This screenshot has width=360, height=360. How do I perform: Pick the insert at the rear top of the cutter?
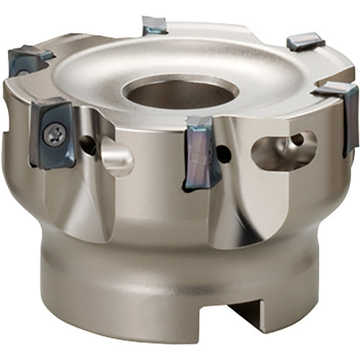tap(155, 26)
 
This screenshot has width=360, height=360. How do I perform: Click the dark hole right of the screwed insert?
tap(87, 143)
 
